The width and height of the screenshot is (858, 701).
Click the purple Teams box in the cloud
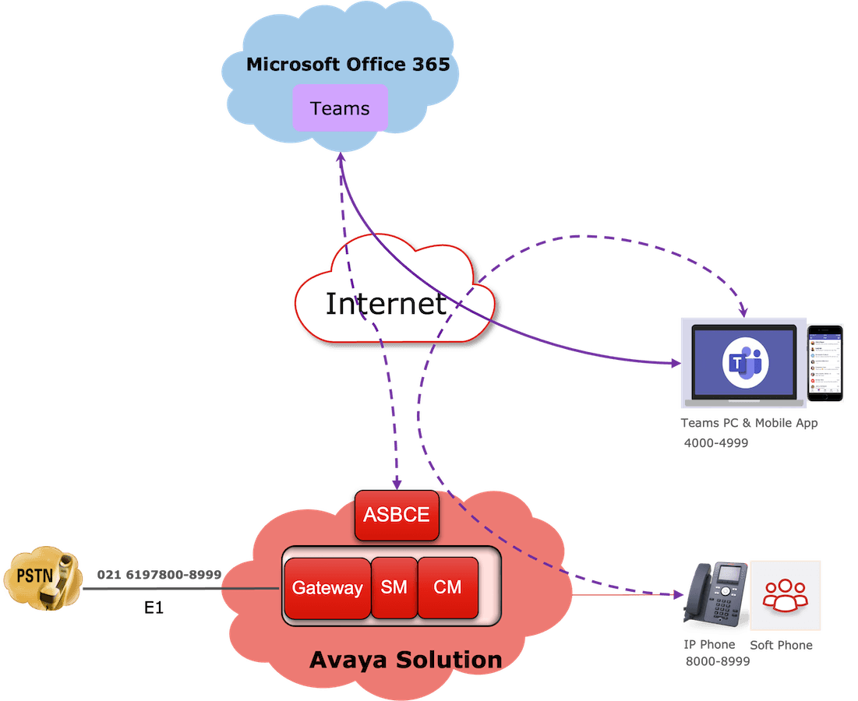(x=340, y=108)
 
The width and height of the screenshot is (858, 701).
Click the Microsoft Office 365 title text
(x=348, y=64)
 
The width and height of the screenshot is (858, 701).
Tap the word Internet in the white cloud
(x=386, y=303)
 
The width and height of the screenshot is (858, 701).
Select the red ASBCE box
(x=397, y=516)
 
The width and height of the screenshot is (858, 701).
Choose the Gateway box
(x=327, y=588)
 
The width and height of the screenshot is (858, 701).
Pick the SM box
(x=394, y=587)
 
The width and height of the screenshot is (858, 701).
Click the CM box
(x=448, y=587)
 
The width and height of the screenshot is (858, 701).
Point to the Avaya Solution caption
(x=406, y=660)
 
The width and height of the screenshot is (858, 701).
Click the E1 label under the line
(x=154, y=608)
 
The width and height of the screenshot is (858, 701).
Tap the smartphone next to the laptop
(x=825, y=363)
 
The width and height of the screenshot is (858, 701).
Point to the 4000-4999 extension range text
(x=715, y=443)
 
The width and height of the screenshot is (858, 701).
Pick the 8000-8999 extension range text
(x=718, y=662)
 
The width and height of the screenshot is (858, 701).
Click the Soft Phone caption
(x=782, y=646)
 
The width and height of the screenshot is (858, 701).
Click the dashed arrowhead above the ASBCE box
(x=397, y=484)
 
